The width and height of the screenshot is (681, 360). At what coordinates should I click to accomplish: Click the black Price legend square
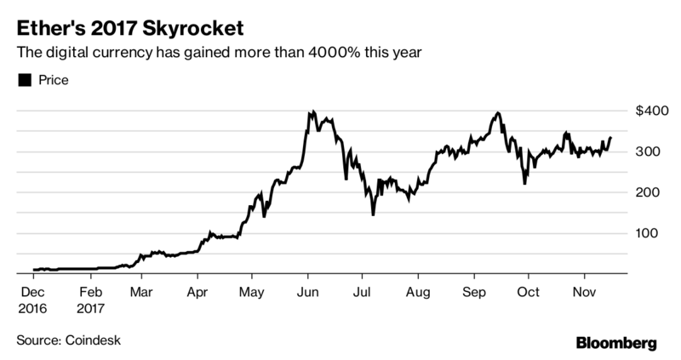click(x=24, y=81)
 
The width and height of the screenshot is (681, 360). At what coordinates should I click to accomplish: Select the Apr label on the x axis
click(x=197, y=290)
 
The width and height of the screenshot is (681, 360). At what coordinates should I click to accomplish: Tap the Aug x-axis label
click(x=418, y=290)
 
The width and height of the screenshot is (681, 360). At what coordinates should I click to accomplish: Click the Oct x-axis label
click(x=528, y=290)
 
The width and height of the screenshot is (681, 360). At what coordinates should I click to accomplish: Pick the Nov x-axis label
click(x=584, y=290)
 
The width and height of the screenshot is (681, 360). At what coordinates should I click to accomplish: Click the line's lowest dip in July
click(x=373, y=214)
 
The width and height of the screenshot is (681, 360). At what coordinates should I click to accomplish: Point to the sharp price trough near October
click(x=524, y=183)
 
